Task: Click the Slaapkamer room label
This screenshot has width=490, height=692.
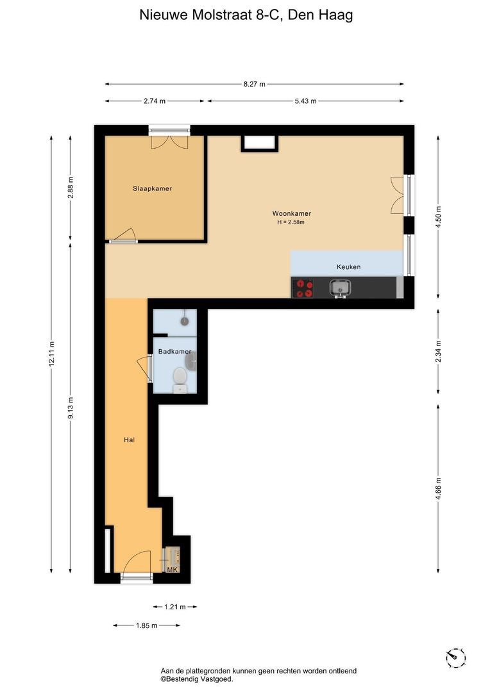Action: [152, 188]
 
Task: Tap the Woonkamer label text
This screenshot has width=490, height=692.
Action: [292, 213]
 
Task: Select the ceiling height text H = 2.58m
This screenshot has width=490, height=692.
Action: [291, 222]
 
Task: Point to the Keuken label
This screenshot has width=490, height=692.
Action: [348, 267]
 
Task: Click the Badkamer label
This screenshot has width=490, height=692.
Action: [175, 351]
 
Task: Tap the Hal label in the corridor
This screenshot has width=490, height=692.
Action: [129, 440]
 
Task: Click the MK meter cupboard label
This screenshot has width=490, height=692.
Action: [173, 570]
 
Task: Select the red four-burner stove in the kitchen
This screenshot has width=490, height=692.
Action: [304, 288]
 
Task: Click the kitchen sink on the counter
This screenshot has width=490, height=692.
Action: [340, 288]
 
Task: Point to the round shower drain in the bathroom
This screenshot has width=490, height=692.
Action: [184, 321]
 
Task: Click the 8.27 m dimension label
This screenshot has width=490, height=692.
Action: [255, 84]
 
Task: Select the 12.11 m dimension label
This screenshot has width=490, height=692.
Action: [51, 354]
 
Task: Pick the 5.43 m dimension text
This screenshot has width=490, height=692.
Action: [306, 101]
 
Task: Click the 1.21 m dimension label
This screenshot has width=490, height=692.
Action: [175, 607]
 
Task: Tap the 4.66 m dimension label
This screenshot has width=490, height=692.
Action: [438, 489]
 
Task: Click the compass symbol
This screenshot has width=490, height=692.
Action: [456, 658]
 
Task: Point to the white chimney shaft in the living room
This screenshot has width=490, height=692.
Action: [259, 143]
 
